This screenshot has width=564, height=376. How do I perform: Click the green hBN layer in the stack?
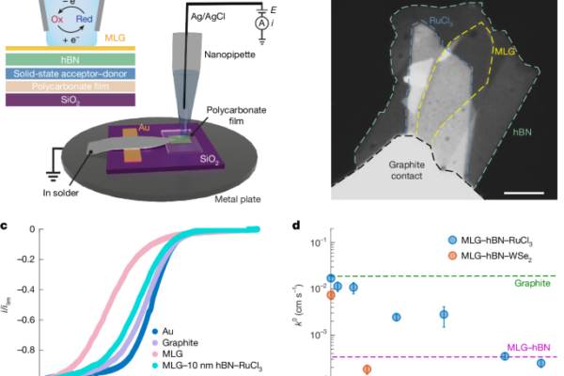[x=70, y=59]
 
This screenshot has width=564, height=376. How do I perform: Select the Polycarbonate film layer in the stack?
[x=70, y=86]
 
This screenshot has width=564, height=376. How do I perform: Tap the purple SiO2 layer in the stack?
[x=70, y=100]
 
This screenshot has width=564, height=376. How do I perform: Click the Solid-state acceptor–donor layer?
[x=70, y=73]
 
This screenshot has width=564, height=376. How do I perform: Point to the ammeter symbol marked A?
[x=262, y=23]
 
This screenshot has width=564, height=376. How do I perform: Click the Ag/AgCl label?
[x=208, y=17]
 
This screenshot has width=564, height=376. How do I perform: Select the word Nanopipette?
[x=230, y=55]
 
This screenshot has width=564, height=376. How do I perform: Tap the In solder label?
[x=60, y=193]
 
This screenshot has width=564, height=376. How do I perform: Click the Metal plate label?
[x=238, y=199]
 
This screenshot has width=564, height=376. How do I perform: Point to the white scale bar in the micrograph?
[x=524, y=194]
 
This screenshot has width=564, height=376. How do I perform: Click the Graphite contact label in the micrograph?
[x=407, y=170]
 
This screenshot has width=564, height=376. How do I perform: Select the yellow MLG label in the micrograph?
[x=505, y=52]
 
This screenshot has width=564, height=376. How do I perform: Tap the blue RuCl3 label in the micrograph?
[x=442, y=22]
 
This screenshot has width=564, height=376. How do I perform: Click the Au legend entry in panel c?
[x=163, y=331]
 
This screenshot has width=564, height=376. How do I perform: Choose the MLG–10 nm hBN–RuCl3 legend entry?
[x=207, y=366]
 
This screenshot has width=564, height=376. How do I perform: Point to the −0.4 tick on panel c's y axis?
[x=26, y=290]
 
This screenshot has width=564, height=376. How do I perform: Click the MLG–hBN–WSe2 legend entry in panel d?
[x=490, y=257]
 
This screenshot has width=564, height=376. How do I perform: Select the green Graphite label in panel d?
[x=532, y=283]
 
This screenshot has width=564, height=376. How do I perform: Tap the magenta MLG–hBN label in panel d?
[x=528, y=347]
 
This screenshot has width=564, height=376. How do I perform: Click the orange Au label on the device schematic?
[x=144, y=128]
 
